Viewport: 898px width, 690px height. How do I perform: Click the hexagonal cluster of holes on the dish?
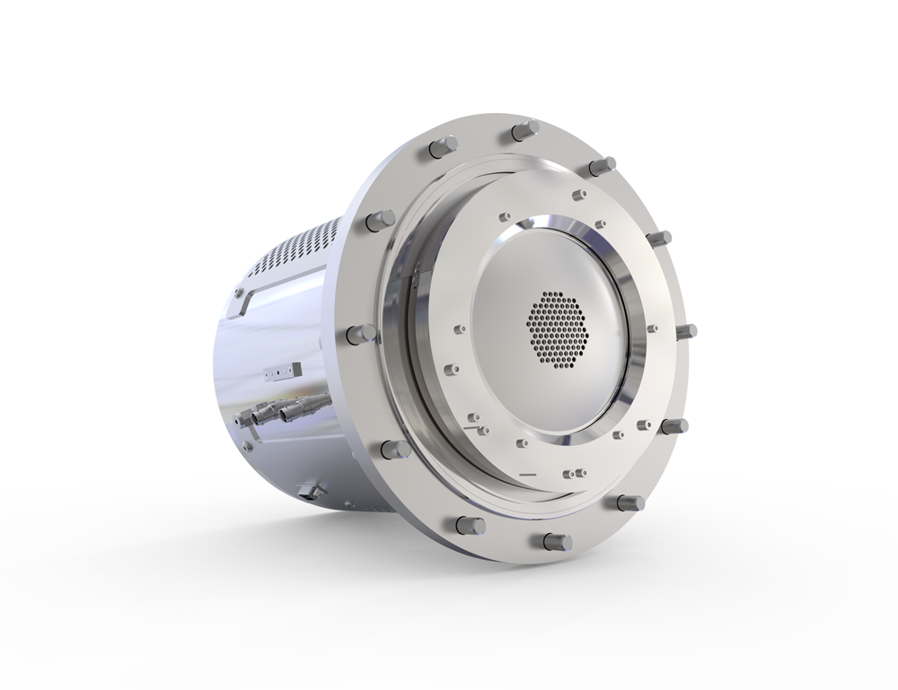[x=558, y=328]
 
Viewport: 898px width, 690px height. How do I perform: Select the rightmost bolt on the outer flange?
[x=686, y=331]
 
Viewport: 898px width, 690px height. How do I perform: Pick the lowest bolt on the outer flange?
[x=557, y=542]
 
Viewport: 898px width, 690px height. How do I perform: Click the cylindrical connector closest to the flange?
[x=295, y=413]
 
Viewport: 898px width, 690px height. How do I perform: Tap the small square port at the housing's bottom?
[x=311, y=490]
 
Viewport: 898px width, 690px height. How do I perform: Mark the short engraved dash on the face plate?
[x=527, y=472]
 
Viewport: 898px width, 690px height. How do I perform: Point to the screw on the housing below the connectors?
[x=244, y=443]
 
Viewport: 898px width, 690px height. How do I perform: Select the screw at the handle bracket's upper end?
[x=239, y=292]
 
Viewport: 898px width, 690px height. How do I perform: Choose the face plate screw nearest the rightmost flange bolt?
[x=653, y=329]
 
